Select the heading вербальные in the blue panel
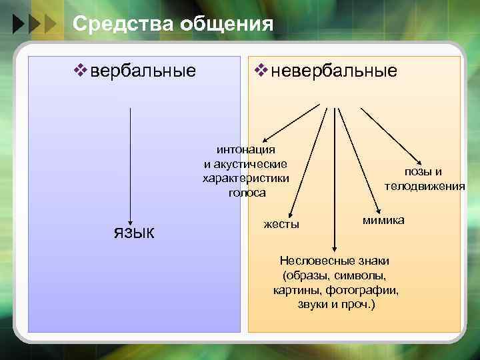(143, 71)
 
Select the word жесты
(281, 224)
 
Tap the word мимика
(383, 220)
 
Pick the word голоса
(246, 193)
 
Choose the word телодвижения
(425, 186)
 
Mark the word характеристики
(246, 178)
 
